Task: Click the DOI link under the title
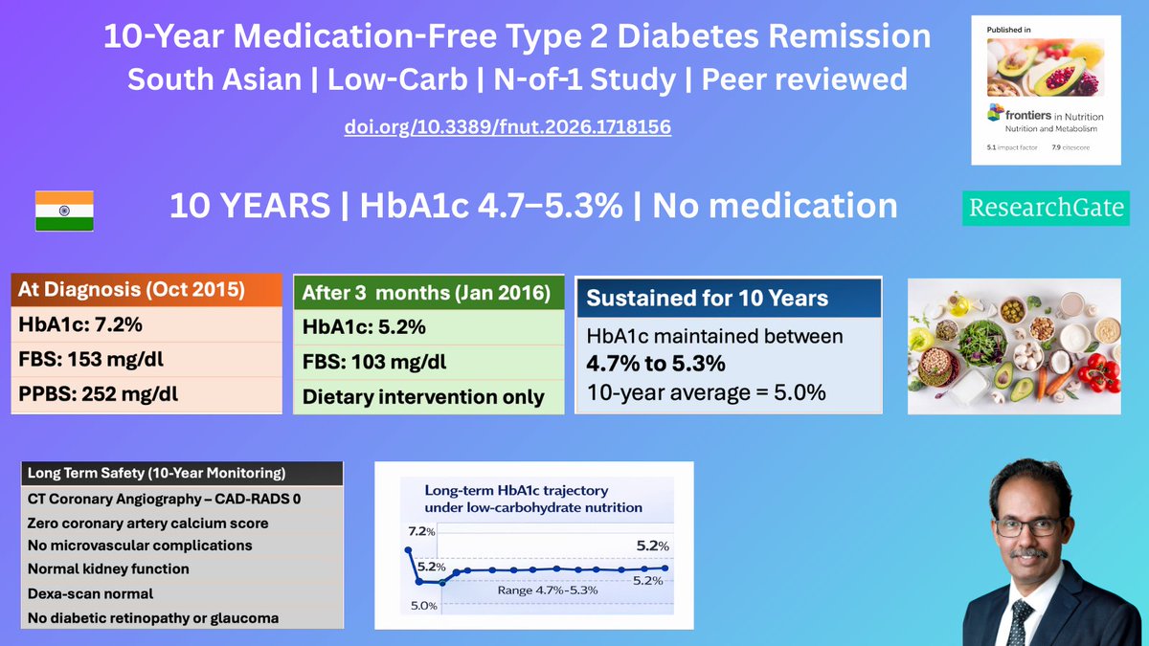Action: [x=507, y=126]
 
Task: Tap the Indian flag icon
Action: [x=64, y=210]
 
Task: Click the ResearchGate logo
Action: [x=1046, y=208]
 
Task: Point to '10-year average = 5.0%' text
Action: [x=707, y=392]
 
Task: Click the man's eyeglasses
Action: [x=1028, y=526]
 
